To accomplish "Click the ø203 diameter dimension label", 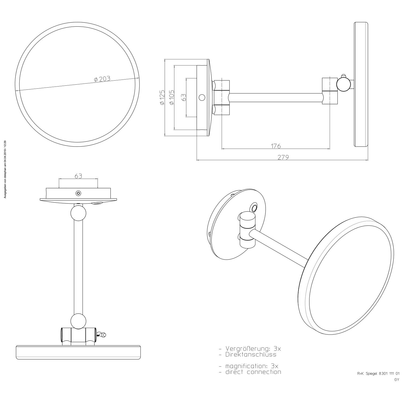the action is click(x=102, y=79).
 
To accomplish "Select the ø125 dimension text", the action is click(x=162, y=98).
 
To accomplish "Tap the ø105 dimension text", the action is click(x=171, y=98).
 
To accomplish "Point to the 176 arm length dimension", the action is click(x=276, y=146).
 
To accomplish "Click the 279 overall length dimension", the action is click(x=283, y=157).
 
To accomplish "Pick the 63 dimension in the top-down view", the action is click(x=78, y=176).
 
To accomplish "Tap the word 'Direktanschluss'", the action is click(x=251, y=355).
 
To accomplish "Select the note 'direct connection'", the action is click(x=253, y=372).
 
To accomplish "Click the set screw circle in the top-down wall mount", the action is click(x=78, y=193).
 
